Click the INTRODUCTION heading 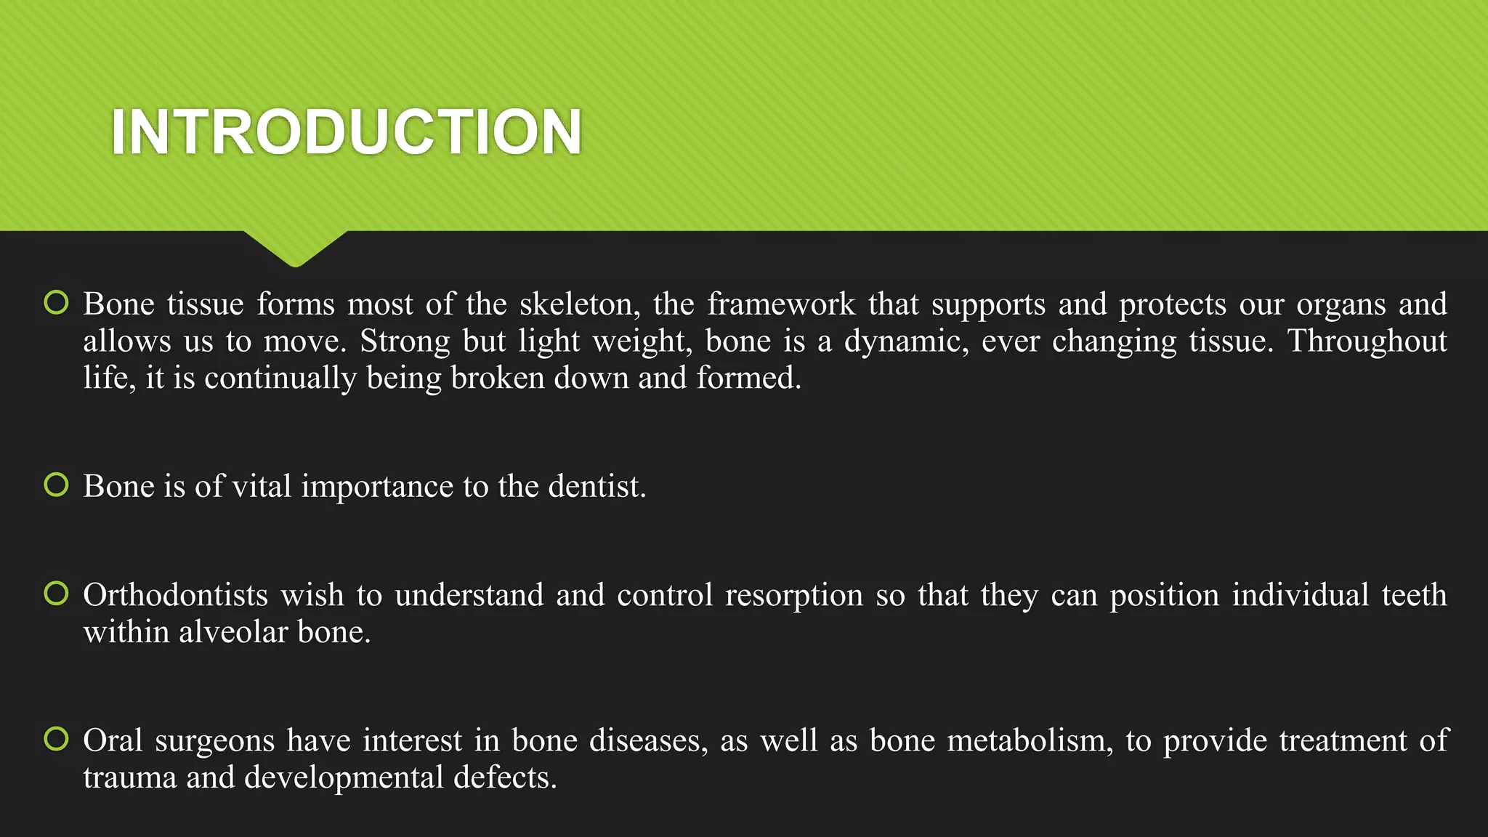[x=347, y=132]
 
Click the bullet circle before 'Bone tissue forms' [x=56, y=302]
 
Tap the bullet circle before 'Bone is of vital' [x=56, y=485]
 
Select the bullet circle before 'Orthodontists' [x=56, y=594]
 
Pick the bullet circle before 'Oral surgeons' [x=56, y=739]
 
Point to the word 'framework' [x=781, y=304]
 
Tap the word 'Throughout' [x=1367, y=341]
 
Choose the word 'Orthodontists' [x=176, y=596]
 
